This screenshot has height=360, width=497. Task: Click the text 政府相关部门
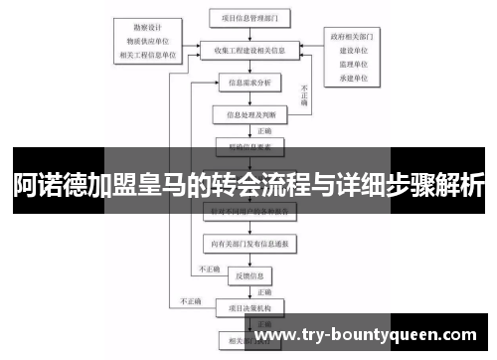(352, 37)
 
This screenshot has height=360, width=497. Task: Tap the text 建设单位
(352, 49)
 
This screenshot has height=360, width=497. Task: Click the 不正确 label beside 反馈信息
(209, 268)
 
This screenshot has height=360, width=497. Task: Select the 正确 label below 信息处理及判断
(263, 129)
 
